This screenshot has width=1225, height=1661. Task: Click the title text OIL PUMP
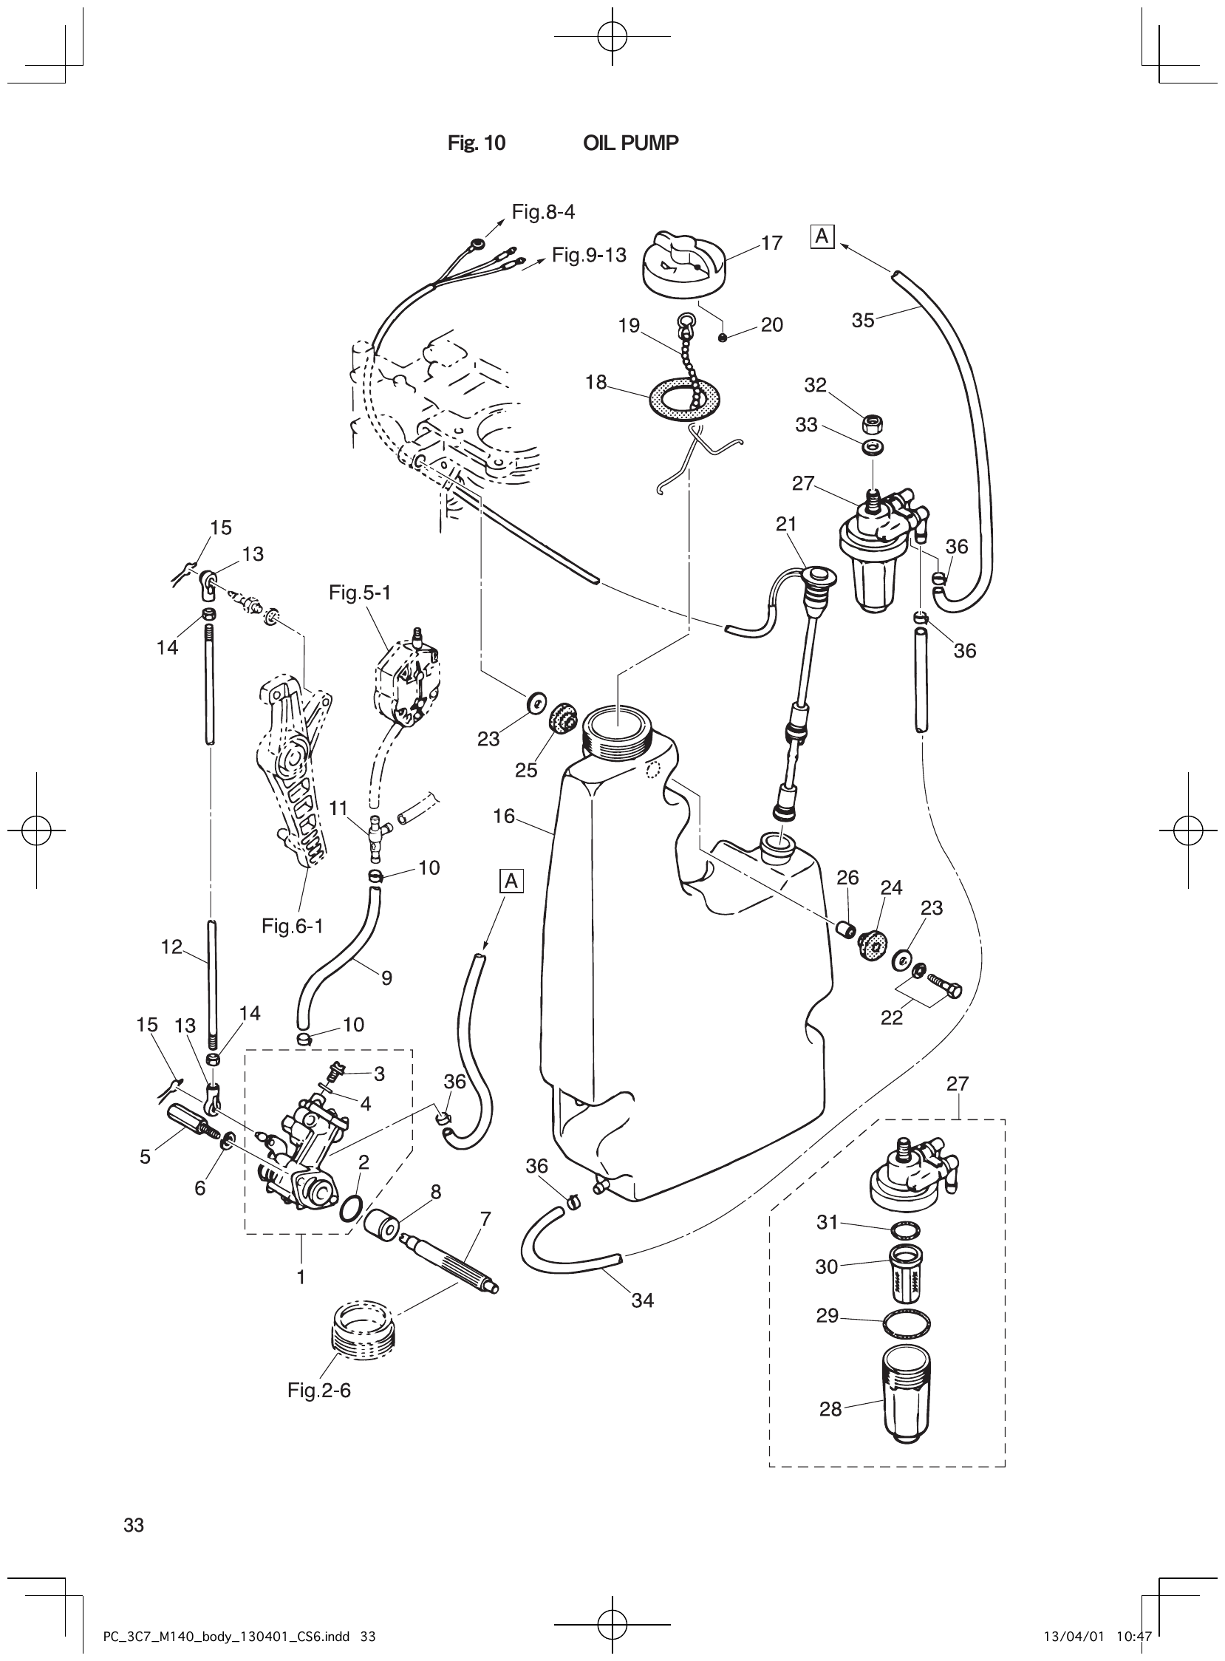[630, 143]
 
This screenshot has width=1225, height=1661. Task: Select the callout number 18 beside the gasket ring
[596, 383]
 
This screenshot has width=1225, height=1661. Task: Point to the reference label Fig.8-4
[543, 212]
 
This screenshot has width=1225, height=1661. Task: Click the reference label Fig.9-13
[588, 256]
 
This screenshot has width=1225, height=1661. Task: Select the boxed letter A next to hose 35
[823, 236]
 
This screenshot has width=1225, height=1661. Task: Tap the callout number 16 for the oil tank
[503, 816]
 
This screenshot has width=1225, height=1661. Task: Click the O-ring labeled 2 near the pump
[351, 1210]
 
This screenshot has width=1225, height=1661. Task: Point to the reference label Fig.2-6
[319, 1390]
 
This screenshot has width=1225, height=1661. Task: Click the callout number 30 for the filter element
[826, 1267]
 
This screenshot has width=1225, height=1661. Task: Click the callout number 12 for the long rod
[171, 947]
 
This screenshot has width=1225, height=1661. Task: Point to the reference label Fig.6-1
[292, 927]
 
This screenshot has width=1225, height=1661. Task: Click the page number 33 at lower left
[134, 1525]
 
